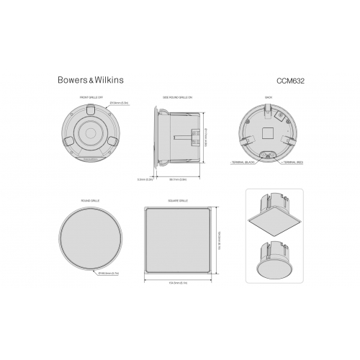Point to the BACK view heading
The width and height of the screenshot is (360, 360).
click(x=269, y=96)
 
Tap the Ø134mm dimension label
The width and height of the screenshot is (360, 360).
click(x=118, y=104)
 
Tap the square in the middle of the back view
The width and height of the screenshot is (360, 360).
click(x=269, y=132)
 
